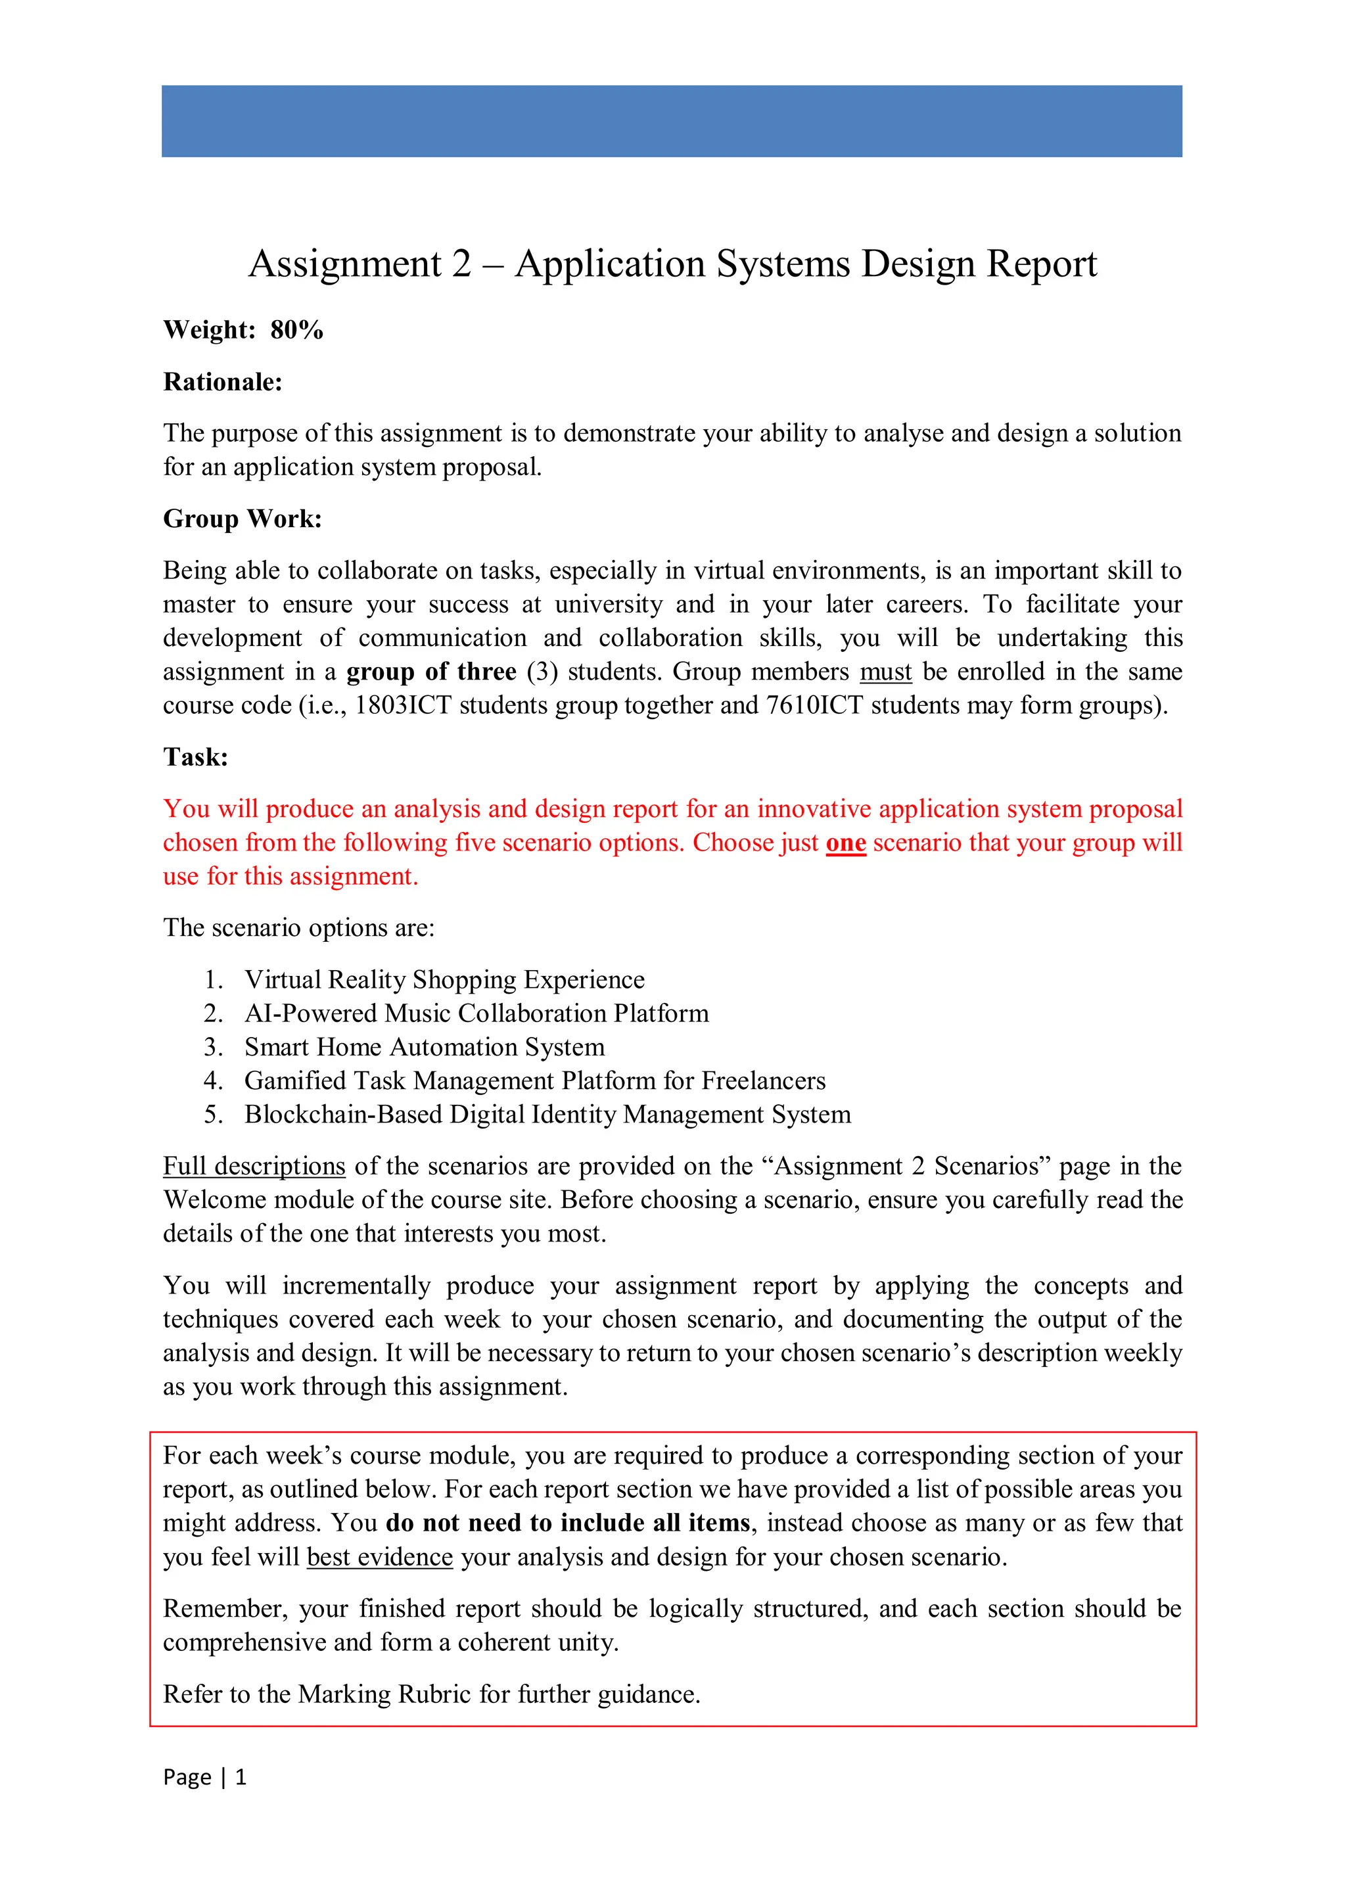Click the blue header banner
(x=672, y=121)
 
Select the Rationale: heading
(x=222, y=383)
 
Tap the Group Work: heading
(x=242, y=519)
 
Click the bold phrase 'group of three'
(x=431, y=672)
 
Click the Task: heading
(x=196, y=757)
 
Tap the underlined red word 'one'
(x=845, y=843)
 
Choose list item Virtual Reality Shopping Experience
(x=444, y=980)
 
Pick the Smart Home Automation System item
(x=424, y=1048)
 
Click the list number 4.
(x=212, y=1081)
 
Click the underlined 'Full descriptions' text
(x=254, y=1167)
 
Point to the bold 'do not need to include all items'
(x=568, y=1523)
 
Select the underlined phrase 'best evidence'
(x=379, y=1558)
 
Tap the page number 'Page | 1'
(x=204, y=1777)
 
